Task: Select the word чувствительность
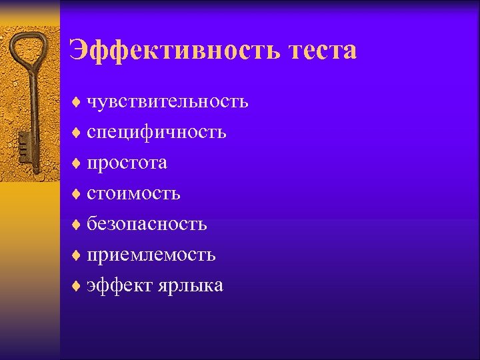[167, 101]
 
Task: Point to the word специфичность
[156, 132]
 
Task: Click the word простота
[127, 163]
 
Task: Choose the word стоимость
[133, 193]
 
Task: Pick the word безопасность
[147, 224]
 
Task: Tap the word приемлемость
[151, 255]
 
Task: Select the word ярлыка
[191, 285]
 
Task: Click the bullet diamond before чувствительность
[76, 102]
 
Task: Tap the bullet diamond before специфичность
[76, 133]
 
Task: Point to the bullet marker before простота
[76, 163]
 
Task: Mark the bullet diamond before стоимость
[76, 194]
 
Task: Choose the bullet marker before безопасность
[76, 225]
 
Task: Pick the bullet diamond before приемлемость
[76, 255]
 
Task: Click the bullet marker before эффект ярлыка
[76, 286]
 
